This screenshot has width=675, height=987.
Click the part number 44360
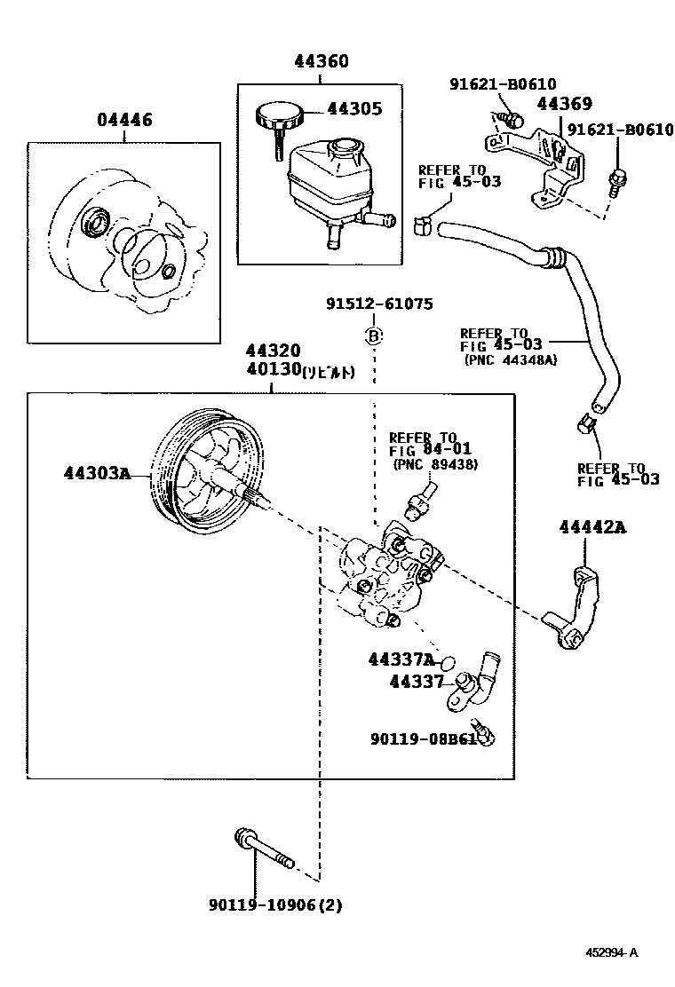(322, 61)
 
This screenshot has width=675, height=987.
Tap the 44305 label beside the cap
(354, 109)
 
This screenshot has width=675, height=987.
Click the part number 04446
(124, 120)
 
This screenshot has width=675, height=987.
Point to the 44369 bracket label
(564, 104)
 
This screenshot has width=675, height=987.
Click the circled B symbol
(375, 336)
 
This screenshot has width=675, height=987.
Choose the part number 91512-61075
(378, 304)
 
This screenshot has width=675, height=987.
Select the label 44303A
(97, 472)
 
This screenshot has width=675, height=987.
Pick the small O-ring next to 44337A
(449, 662)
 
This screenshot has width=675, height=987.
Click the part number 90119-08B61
(424, 737)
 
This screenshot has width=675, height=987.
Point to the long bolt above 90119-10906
(264, 850)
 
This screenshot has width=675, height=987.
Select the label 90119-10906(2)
(275, 905)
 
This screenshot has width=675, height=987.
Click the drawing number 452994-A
(611, 953)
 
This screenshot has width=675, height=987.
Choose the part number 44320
(274, 351)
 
